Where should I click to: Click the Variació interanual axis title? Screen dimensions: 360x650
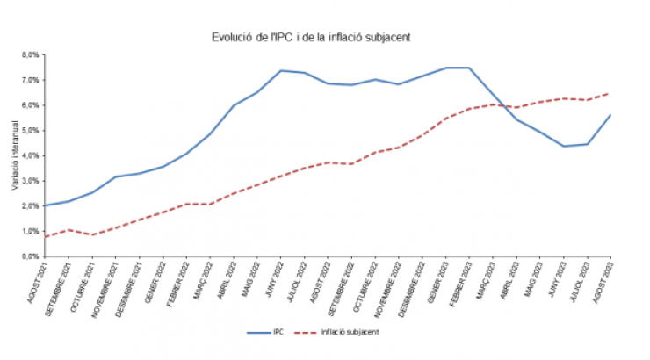click(x=15, y=156)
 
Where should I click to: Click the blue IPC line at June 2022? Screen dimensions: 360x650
click(x=280, y=70)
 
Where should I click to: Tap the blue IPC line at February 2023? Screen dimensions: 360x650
click(x=470, y=68)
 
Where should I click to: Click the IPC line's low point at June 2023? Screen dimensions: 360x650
click(x=565, y=146)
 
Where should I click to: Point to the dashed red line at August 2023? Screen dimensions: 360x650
click(x=610, y=93)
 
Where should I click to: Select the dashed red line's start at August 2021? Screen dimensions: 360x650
click(x=43, y=237)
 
